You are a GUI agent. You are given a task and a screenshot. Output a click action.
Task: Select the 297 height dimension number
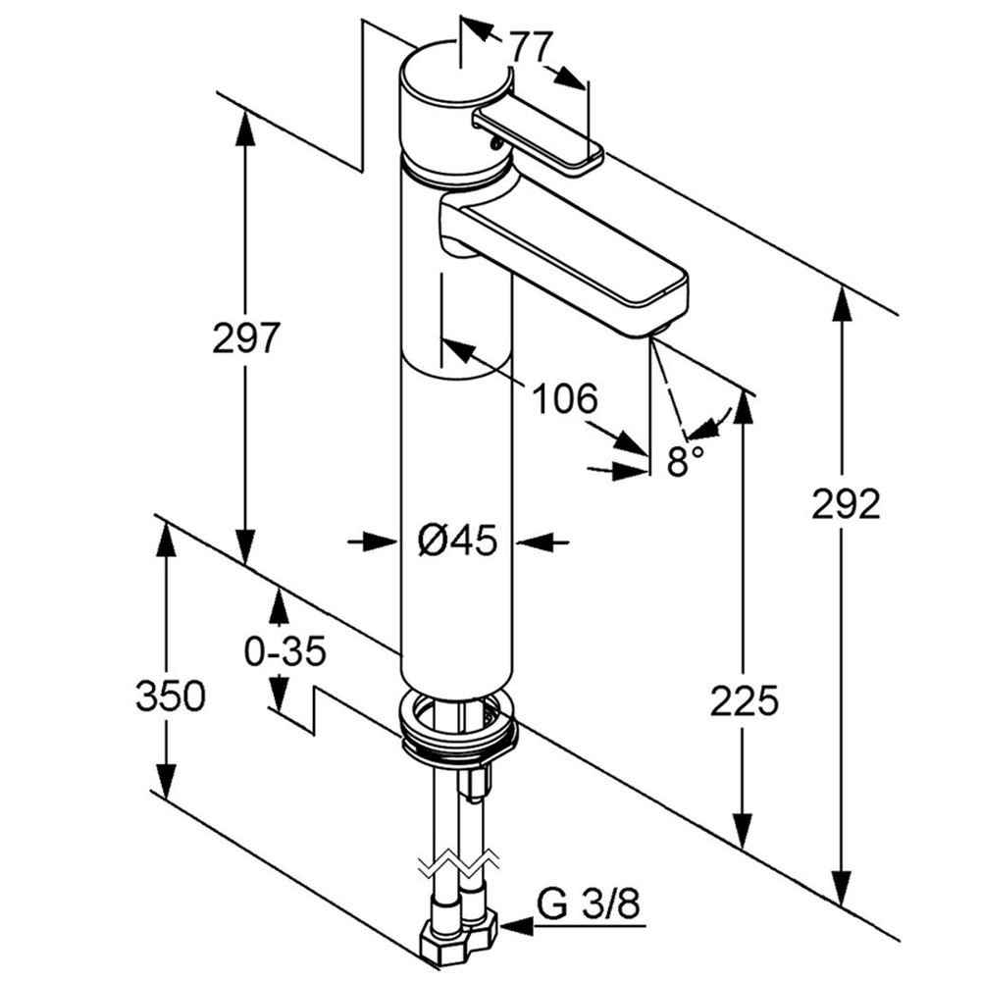(246, 338)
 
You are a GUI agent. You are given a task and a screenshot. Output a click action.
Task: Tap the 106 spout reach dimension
(564, 398)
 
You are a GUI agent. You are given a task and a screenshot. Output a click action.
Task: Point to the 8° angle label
(686, 459)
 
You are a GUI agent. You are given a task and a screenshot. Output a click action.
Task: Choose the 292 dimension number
(846, 504)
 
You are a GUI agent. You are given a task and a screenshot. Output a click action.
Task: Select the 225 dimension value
(746, 700)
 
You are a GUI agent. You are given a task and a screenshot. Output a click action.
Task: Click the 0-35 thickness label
(284, 650)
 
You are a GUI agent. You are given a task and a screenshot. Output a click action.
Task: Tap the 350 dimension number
(170, 697)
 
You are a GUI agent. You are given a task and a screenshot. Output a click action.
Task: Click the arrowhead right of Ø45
(532, 541)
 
